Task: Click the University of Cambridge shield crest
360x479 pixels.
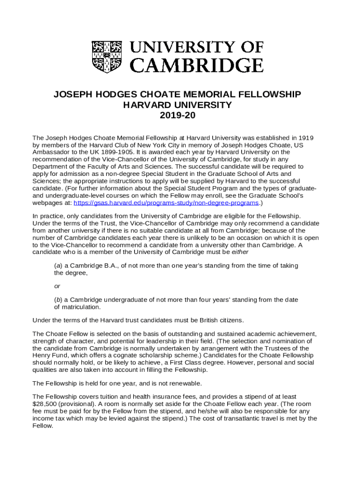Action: (108, 56)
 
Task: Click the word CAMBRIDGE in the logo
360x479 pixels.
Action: (196, 65)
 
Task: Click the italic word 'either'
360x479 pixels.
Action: (240, 252)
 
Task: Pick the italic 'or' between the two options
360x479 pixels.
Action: (57, 286)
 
